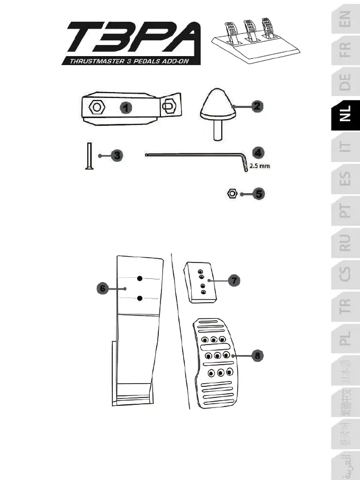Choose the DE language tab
[x=345, y=82]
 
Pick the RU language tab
[x=345, y=243]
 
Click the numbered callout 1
[x=125, y=107]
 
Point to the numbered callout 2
[x=256, y=106]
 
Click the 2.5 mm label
[x=260, y=166]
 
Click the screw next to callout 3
[x=88, y=156]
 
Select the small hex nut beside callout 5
[x=231, y=194]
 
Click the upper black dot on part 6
[x=139, y=278]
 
